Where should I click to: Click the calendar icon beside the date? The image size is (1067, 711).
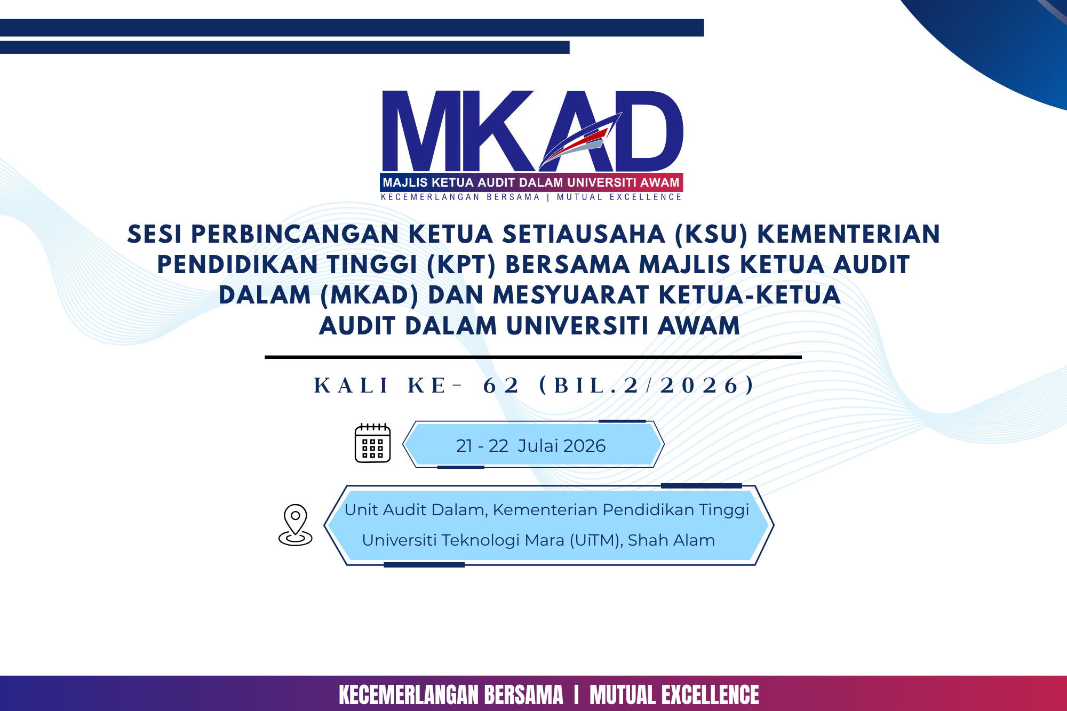tap(372, 443)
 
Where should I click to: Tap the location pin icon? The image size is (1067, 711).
tap(295, 525)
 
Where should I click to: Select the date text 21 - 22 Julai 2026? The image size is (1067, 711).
tap(531, 445)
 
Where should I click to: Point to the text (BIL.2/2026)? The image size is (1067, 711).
tap(647, 385)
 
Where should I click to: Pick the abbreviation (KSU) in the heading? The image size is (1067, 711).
tap(711, 234)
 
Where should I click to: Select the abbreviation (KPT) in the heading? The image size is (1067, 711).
tap(461, 265)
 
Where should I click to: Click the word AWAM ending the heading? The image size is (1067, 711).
tap(699, 326)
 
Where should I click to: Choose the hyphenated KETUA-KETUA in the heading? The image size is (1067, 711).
tap(750, 295)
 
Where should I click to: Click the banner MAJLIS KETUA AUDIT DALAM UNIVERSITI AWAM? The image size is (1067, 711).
tap(531, 182)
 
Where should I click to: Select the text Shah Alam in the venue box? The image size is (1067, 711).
tap(671, 540)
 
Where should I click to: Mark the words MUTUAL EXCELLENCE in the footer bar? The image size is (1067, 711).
tap(674, 695)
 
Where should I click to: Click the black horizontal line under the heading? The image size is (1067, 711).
tap(533, 357)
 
